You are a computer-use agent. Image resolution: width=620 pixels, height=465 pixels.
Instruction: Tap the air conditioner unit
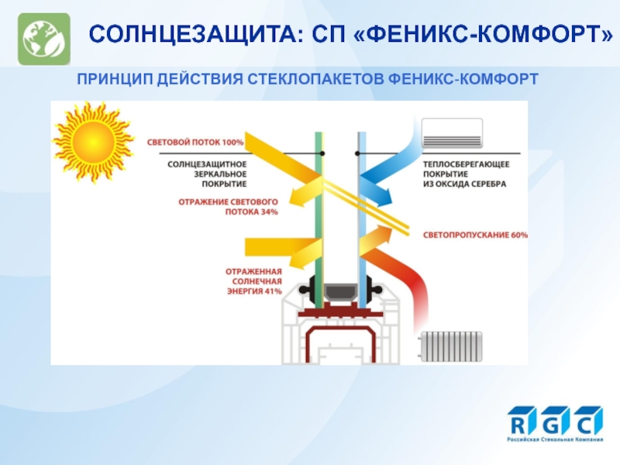click(451, 133)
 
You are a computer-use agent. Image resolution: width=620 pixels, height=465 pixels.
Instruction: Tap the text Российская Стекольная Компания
click(555, 440)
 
